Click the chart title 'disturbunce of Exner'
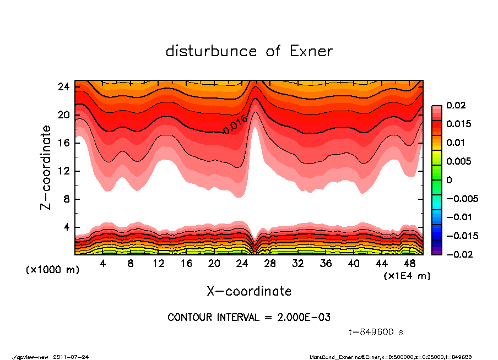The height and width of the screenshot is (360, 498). (249, 51)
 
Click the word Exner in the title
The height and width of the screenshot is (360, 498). (311, 51)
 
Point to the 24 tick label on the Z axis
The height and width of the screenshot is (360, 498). (63, 87)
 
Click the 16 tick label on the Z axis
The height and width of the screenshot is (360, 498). (63, 143)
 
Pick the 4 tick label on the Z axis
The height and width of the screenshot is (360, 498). (66, 227)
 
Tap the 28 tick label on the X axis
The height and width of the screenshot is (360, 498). (270, 264)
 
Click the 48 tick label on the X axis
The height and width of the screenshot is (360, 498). (410, 264)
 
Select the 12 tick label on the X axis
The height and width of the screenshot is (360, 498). (158, 264)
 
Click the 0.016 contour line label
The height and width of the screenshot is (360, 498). (235, 124)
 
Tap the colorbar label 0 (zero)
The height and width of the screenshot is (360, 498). (449, 180)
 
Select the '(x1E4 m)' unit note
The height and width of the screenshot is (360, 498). (407, 275)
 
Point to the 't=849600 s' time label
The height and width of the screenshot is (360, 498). (376, 332)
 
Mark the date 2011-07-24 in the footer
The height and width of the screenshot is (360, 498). (71, 357)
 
